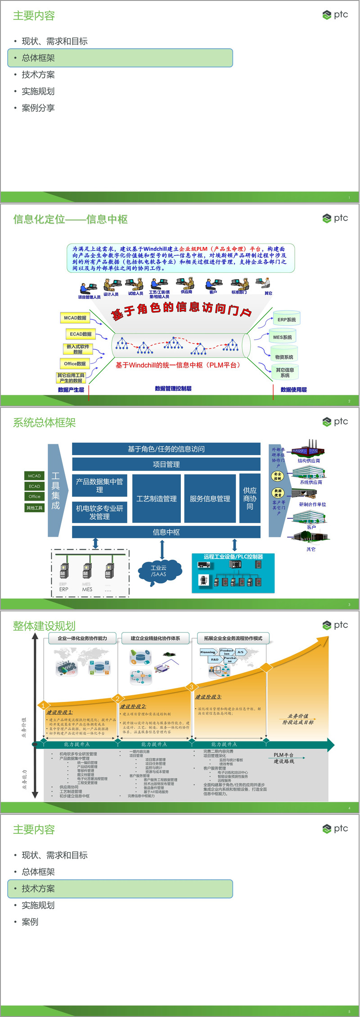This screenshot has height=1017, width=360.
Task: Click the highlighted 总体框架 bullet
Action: click(120, 58)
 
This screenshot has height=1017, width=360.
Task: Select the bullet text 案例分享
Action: click(38, 108)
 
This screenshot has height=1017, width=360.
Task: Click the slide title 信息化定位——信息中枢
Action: click(70, 219)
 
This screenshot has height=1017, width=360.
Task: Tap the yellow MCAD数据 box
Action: click(75, 318)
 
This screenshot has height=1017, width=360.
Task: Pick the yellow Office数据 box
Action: click(75, 364)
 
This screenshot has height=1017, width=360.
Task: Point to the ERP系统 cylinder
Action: click(287, 319)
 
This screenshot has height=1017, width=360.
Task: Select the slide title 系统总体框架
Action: click(44, 422)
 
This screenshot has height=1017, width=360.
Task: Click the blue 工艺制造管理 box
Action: click(157, 498)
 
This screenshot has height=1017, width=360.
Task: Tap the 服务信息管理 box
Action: click(210, 498)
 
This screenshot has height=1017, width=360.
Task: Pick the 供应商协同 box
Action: click(250, 498)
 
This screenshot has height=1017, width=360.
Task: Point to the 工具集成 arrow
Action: click(56, 490)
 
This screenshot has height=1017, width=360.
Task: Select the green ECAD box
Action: click(34, 486)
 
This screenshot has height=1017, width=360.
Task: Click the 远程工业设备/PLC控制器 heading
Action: click(233, 557)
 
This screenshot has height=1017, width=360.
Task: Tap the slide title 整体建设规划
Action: click(44, 626)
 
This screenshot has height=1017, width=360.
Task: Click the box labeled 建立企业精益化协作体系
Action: click(155, 638)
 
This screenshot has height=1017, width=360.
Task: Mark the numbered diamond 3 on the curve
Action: click(191, 687)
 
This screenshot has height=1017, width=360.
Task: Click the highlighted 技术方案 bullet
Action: click(120, 889)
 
